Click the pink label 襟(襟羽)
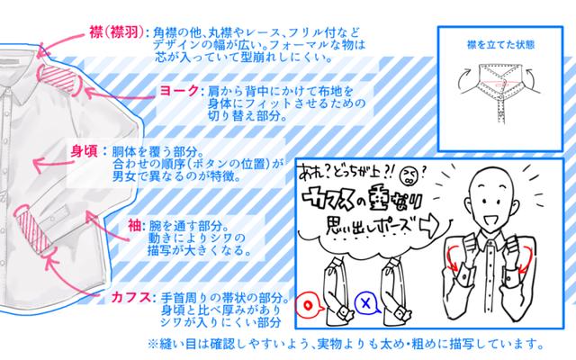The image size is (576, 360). pos(116,32)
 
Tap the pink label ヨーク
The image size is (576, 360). pos(179,91)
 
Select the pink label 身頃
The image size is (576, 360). pos(84,151)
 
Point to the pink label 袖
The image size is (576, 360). pos(134,226)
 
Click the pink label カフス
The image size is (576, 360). pos(131,297)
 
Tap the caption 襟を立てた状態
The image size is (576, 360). pos(500,45)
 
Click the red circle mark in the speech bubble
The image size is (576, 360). pos(308,305)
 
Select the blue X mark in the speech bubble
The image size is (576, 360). pos(366,303)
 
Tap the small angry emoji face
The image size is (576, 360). pos(408,175)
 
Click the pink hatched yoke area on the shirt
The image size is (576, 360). pos(58,78)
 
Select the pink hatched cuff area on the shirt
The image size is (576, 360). pos(32,228)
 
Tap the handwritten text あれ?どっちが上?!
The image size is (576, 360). pos(346,172)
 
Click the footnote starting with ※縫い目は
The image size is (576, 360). pos(346,344)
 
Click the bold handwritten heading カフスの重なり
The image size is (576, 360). pos(362,200)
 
